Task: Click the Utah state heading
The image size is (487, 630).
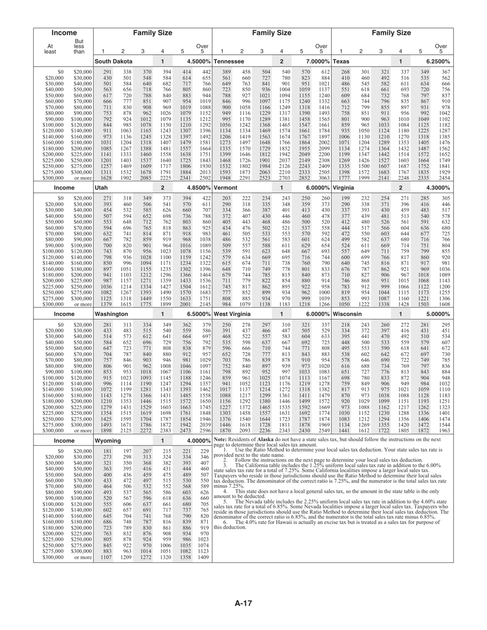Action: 102,188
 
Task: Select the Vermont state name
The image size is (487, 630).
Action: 226,188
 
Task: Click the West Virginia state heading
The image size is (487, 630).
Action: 233,314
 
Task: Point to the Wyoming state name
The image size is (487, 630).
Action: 108,440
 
